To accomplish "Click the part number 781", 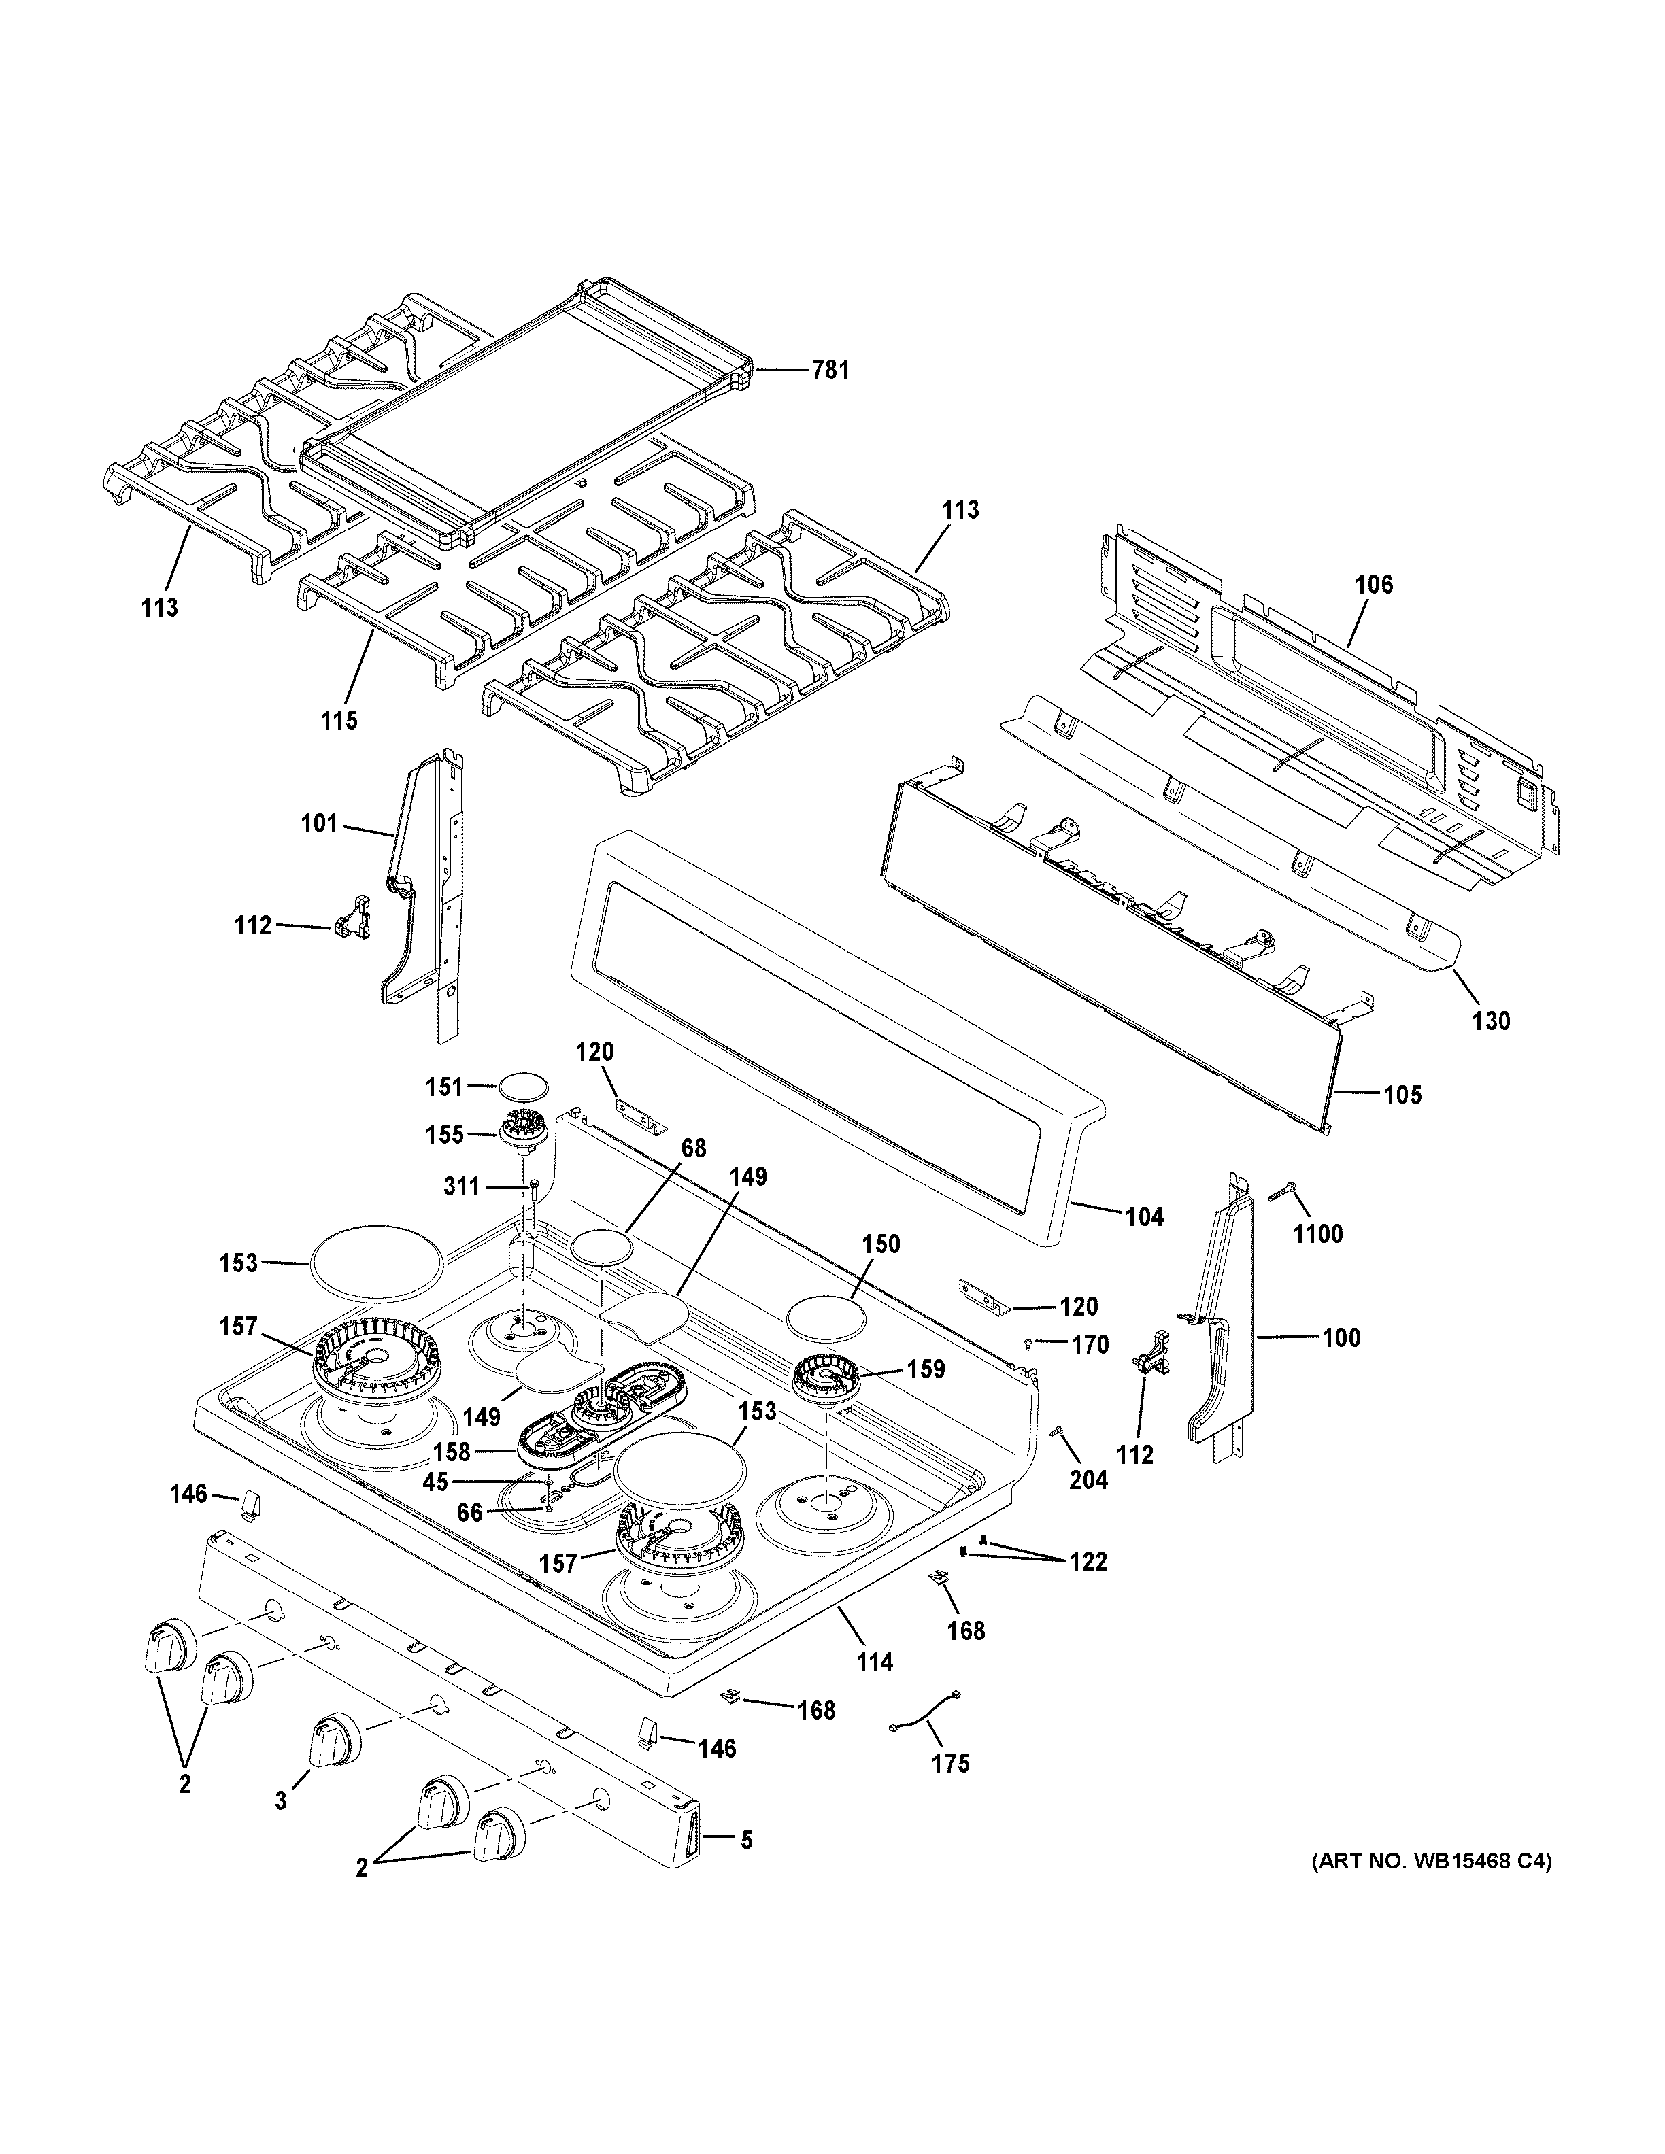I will pyautogui.click(x=830, y=371).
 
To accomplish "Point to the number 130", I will pyautogui.click(x=1490, y=1021).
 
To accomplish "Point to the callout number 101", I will pyautogui.click(x=318, y=823).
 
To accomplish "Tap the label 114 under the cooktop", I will pyautogui.click(x=874, y=1662).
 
